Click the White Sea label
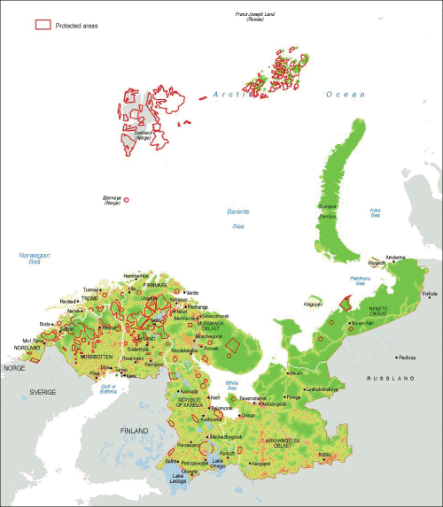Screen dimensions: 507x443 click(x=231, y=382)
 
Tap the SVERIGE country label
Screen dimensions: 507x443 click(x=43, y=390)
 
